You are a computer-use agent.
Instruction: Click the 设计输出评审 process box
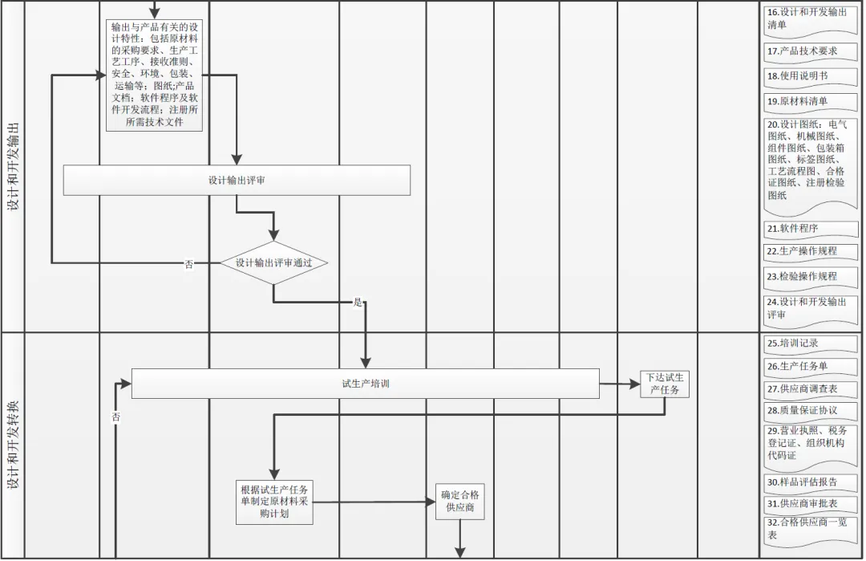pos(237,181)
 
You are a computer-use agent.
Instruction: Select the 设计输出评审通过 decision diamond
pos(273,262)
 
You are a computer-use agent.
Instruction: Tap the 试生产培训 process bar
pos(365,384)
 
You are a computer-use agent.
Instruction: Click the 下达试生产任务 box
pos(665,384)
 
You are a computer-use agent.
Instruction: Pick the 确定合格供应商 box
pos(460,501)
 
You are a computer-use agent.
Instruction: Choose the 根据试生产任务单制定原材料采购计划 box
pos(274,502)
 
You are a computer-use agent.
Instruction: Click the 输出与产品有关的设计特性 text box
pos(155,75)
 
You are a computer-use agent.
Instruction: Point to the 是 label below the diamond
pos(358,303)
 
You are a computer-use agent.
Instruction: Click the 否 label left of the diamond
pos(189,264)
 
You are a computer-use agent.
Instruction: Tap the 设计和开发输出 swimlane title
pos(14,167)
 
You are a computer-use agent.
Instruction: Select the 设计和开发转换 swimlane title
pos(14,445)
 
